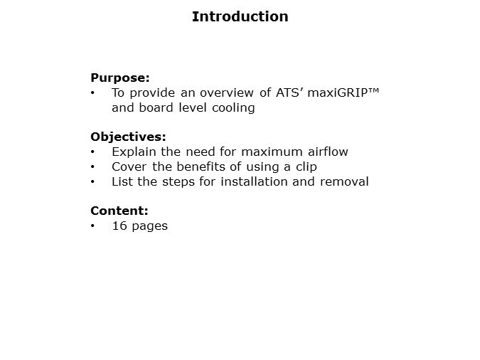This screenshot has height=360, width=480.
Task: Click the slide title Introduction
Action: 240,16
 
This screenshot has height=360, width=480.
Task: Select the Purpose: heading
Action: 120,78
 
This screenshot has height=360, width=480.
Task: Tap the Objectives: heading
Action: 128,137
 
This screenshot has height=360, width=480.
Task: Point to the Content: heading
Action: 119,211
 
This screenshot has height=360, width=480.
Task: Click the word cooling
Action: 233,108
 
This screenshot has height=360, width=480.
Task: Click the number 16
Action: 119,226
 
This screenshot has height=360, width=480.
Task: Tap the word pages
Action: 149,227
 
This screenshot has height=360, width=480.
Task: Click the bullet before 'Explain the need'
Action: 93,152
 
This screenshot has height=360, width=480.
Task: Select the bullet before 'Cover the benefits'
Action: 93,167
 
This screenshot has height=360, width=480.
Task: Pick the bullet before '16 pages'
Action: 93,226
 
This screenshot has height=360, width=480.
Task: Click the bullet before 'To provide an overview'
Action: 93,93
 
